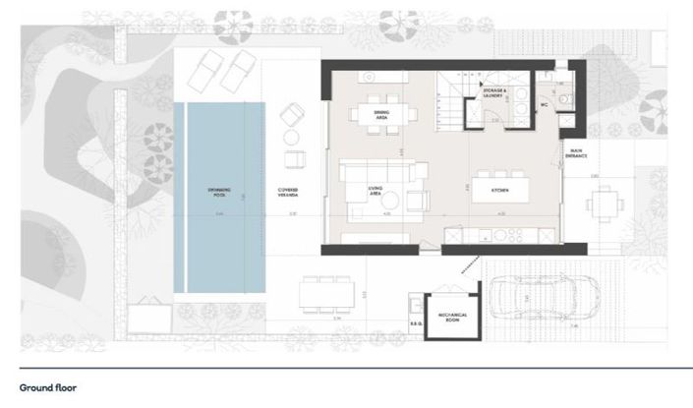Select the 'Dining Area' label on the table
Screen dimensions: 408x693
pos(382,116)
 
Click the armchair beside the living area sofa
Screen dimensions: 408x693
pos(418,200)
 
